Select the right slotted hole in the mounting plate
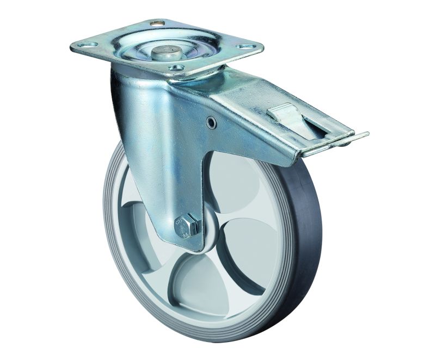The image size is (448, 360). [x=247, y=47]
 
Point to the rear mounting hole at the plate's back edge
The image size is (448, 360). [x=157, y=23]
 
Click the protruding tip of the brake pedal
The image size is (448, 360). [x=359, y=135]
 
